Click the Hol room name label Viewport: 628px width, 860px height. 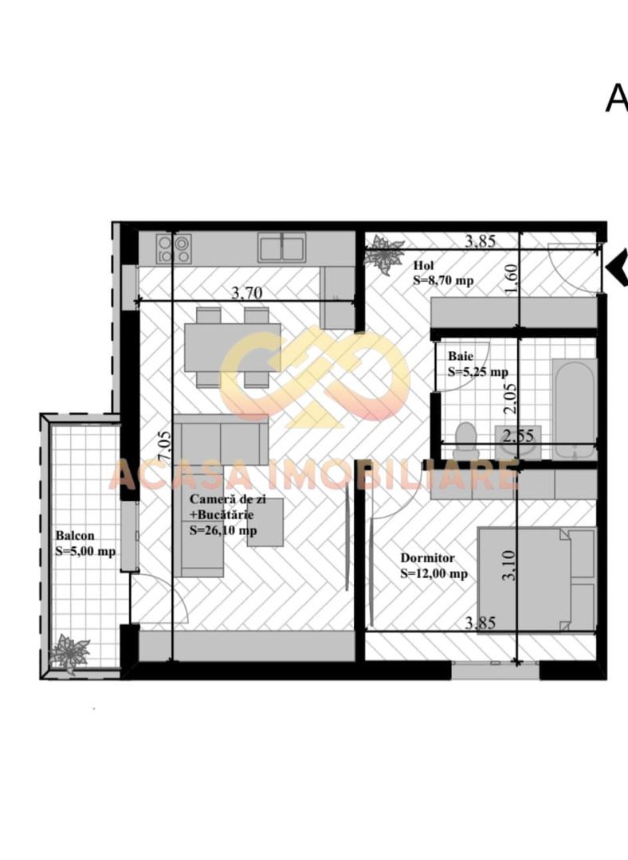[422, 265]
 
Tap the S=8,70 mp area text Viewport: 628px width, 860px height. [443, 280]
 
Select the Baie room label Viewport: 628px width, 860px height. [459, 356]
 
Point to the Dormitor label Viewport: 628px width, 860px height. [427, 558]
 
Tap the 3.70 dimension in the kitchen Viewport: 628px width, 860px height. [246, 293]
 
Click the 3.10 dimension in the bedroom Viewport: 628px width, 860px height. [511, 566]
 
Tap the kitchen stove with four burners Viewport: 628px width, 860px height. [174, 248]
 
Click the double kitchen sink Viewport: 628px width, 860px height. [281, 248]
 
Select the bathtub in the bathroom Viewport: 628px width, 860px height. [574, 407]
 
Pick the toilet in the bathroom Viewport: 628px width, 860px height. [465, 440]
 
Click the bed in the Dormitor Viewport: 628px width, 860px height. [535, 580]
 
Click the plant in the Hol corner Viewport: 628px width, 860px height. [384, 253]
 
